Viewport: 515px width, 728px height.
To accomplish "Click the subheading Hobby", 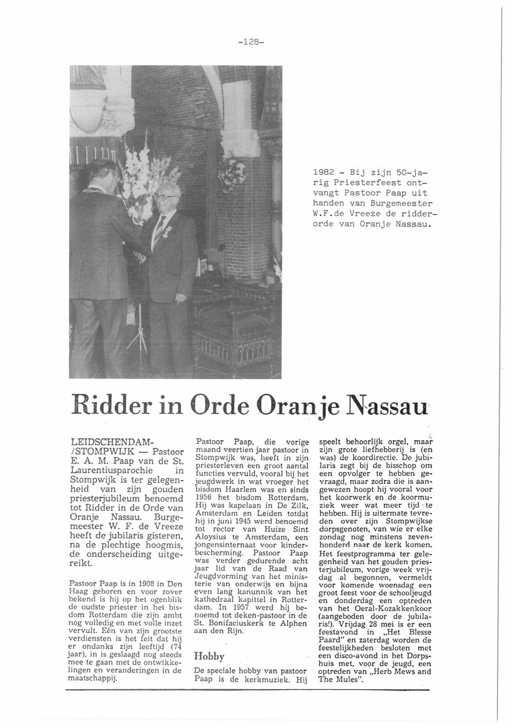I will click(x=208, y=656).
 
